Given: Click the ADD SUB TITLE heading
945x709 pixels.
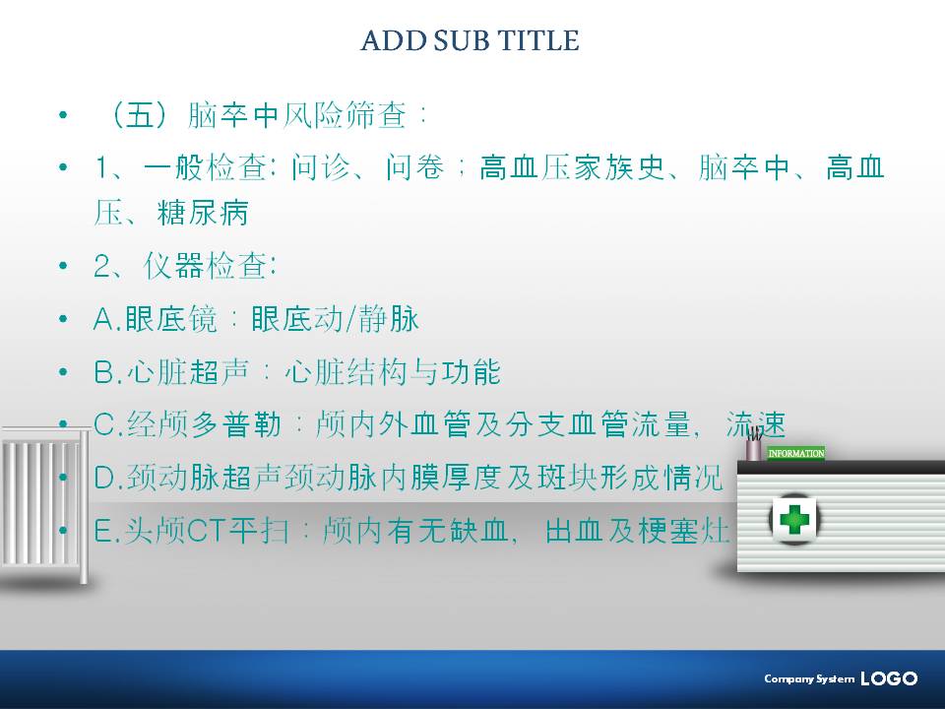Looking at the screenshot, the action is pos(470,41).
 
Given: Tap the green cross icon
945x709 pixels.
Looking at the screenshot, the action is pos(793,519).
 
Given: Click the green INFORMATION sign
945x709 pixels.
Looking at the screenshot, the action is pos(796,453).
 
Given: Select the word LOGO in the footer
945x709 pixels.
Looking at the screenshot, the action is pos(889,678).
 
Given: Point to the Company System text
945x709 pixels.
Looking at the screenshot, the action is pos(809,678).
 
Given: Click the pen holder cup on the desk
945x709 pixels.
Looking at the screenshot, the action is pos(753,447).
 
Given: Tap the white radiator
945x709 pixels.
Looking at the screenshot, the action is pos(44,504).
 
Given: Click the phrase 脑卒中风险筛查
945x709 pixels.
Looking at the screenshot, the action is pos(297,115).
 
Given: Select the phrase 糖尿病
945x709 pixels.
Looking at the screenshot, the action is pos(203,213).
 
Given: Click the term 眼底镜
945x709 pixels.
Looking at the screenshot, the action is pos(170,319).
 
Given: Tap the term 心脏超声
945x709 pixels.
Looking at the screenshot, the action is pos(187,372).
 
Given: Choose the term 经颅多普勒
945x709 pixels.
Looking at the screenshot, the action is pos(205,425).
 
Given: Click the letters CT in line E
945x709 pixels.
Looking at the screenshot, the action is pos(205,532).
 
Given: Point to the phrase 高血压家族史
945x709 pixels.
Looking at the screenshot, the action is pos(572,167).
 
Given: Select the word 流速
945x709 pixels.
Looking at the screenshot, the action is pos(756,425).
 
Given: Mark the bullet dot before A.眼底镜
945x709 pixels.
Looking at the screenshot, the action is pos(63,319).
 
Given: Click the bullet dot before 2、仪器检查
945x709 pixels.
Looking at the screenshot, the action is pos(63,266).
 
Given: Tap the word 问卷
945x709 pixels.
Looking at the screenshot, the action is pos(414,167).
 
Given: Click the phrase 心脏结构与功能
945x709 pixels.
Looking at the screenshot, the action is pos(393,372).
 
